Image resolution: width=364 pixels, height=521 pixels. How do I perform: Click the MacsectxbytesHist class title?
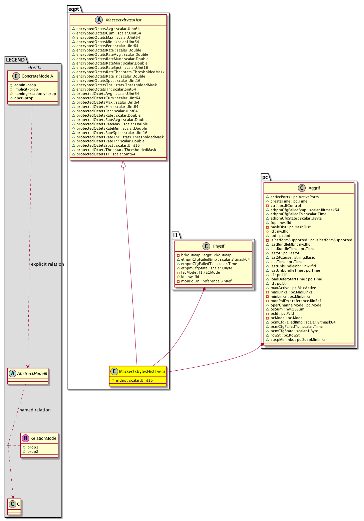[x=123, y=20]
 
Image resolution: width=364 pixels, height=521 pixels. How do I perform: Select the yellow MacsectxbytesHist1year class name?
[x=142, y=372]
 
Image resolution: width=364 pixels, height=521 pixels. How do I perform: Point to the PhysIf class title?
[x=219, y=246]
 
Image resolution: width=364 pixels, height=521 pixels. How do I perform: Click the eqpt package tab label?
[x=74, y=9]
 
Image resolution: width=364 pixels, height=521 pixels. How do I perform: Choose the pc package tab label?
[x=265, y=177]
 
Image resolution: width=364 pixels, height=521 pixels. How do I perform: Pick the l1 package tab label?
[x=175, y=235]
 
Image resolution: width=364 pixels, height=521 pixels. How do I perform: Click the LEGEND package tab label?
[x=15, y=60]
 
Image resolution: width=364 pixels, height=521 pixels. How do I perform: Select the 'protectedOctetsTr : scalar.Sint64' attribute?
[x=106, y=154]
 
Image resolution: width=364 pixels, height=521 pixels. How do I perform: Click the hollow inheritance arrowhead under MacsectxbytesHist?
[x=123, y=164]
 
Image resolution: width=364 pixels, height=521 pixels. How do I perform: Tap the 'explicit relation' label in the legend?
[x=47, y=264]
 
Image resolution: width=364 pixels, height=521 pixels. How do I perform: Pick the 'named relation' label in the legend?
[x=35, y=410]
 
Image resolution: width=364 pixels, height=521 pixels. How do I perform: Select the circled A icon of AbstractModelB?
[x=13, y=373]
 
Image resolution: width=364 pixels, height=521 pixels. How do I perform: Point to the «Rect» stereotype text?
[x=34, y=68]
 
